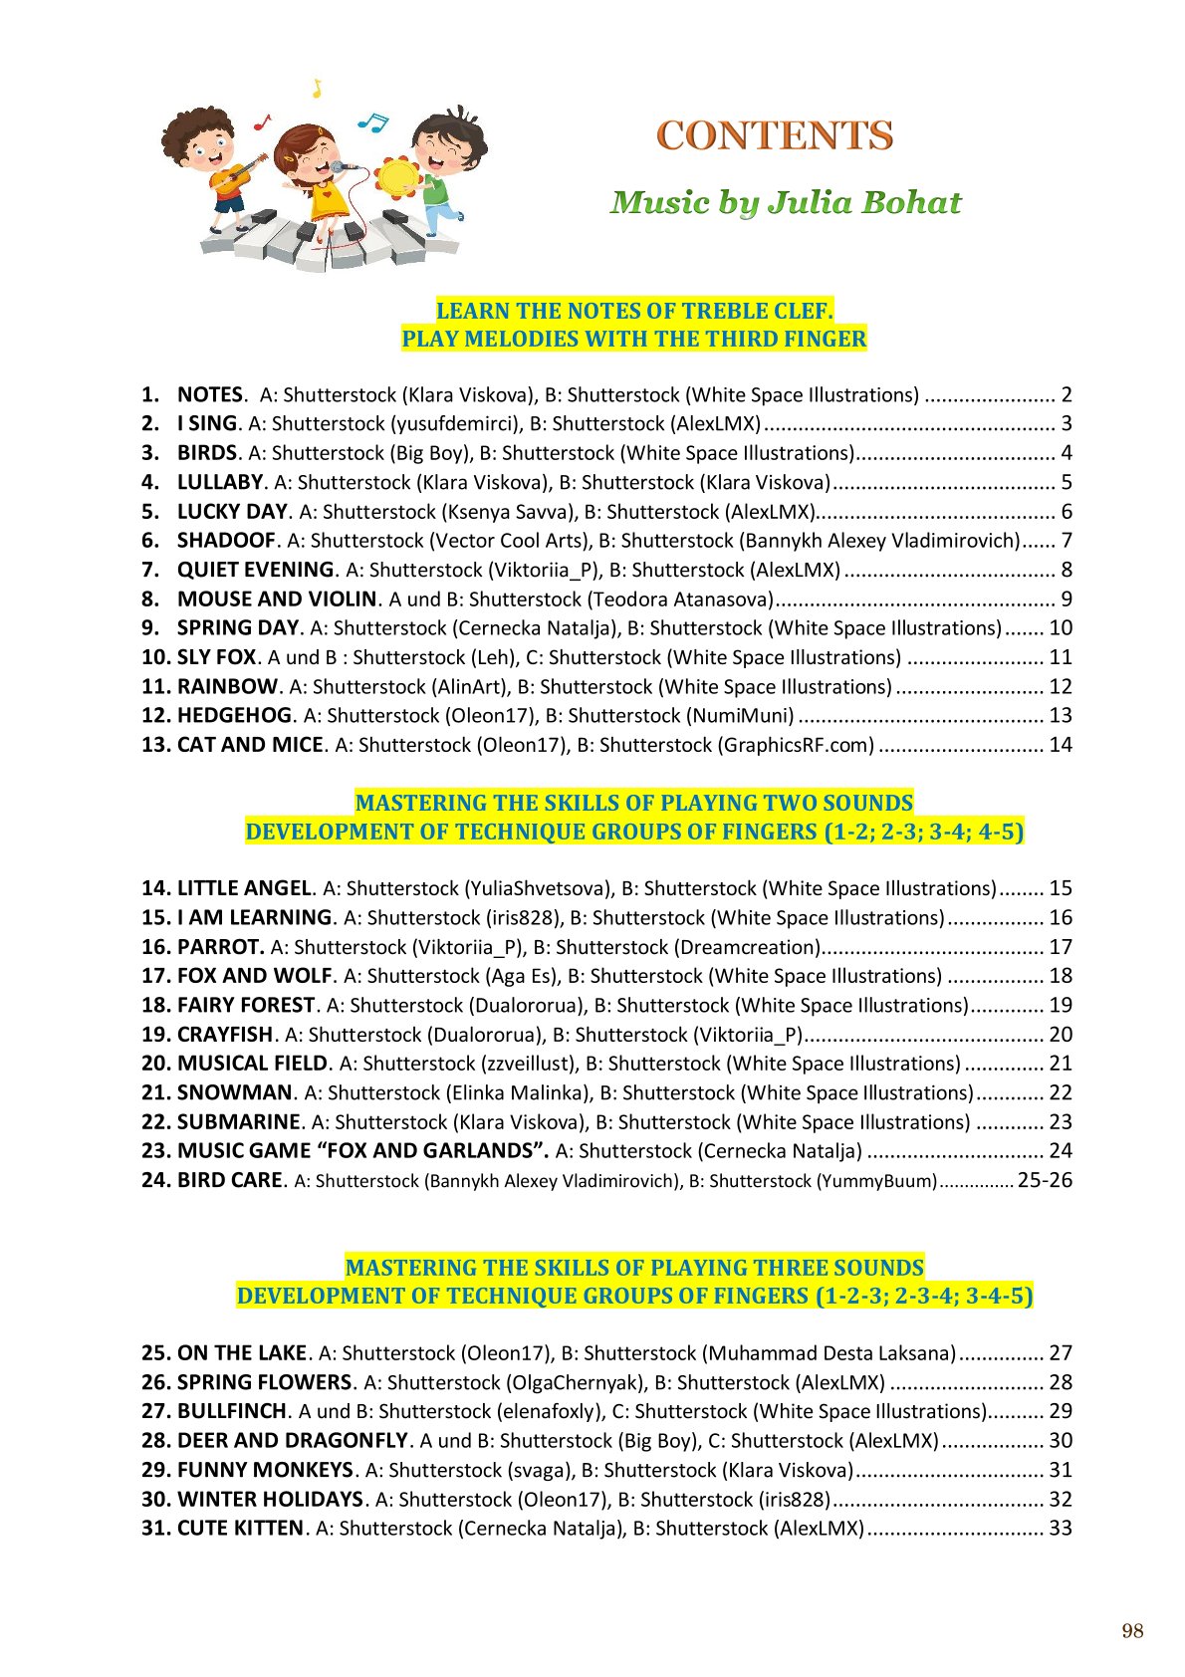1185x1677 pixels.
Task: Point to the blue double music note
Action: tap(372, 121)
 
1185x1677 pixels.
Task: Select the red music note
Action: tap(262, 121)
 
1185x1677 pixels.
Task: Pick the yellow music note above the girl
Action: tap(317, 89)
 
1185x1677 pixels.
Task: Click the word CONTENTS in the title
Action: tap(774, 136)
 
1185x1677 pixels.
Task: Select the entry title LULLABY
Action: tap(219, 483)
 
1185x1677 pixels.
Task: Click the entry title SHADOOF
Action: tap(226, 541)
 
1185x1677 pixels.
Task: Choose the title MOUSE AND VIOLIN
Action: tap(276, 599)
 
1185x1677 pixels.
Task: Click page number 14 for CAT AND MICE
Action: tap(1061, 745)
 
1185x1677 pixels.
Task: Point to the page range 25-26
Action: tap(1045, 1180)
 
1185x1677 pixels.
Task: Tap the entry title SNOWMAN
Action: tap(234, 1093)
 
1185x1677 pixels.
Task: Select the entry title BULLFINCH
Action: tap(232, 1412)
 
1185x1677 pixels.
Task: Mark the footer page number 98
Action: tap(1132, 1631)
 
